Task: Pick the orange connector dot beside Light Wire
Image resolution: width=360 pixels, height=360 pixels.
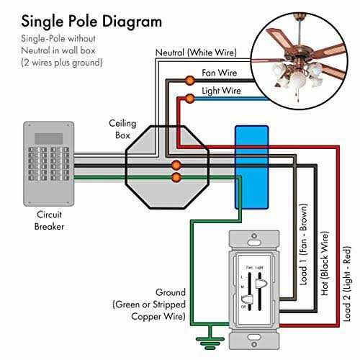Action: pos(189,98)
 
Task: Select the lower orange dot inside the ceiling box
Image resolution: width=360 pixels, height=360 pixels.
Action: pos(175,176)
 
